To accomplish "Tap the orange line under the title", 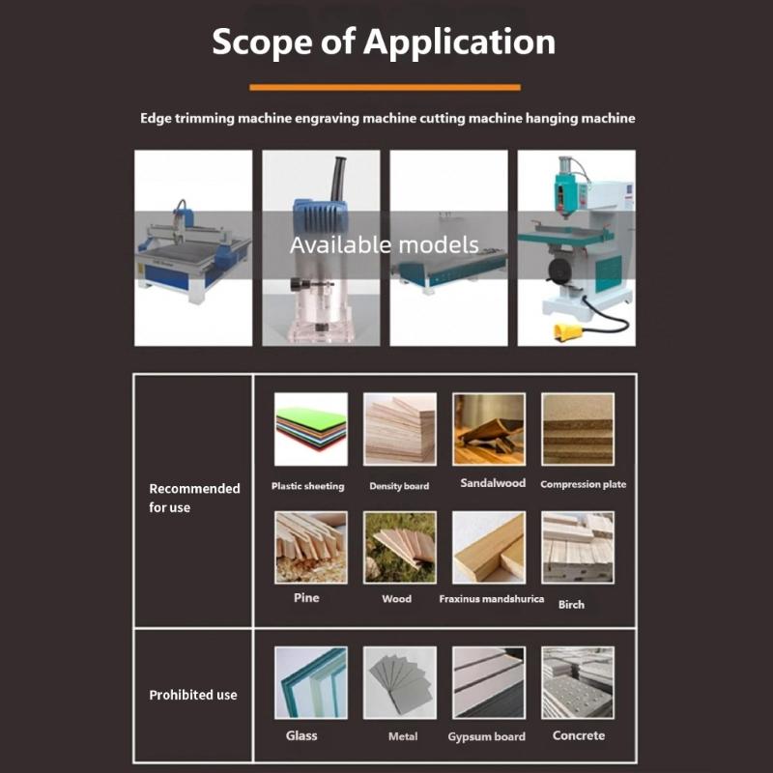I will click(x=385, y=87).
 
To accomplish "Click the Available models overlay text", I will click(x=385, y=244).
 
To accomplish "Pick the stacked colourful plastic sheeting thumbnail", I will click(x=310, y=429).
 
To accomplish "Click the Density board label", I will click(x=399, y=486).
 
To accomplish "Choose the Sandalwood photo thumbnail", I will click(x=489, y=429).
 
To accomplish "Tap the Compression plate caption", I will click(x=583, y=484).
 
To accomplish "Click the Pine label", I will click(x=306, y=598).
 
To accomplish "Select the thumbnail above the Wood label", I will click(x=399, y=548).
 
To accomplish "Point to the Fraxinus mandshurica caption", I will click(x=491, y=599).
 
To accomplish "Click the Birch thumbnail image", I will click(x=578, y=548).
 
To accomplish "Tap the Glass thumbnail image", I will click(x=310, y=682).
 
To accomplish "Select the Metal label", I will click(x=403, y=737).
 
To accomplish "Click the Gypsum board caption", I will click(x=486, y=737).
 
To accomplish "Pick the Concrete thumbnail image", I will click(x=578, y=682).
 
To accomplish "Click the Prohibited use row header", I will click(x=192, y=695).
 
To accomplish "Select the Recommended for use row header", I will click(x=193, y=498).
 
